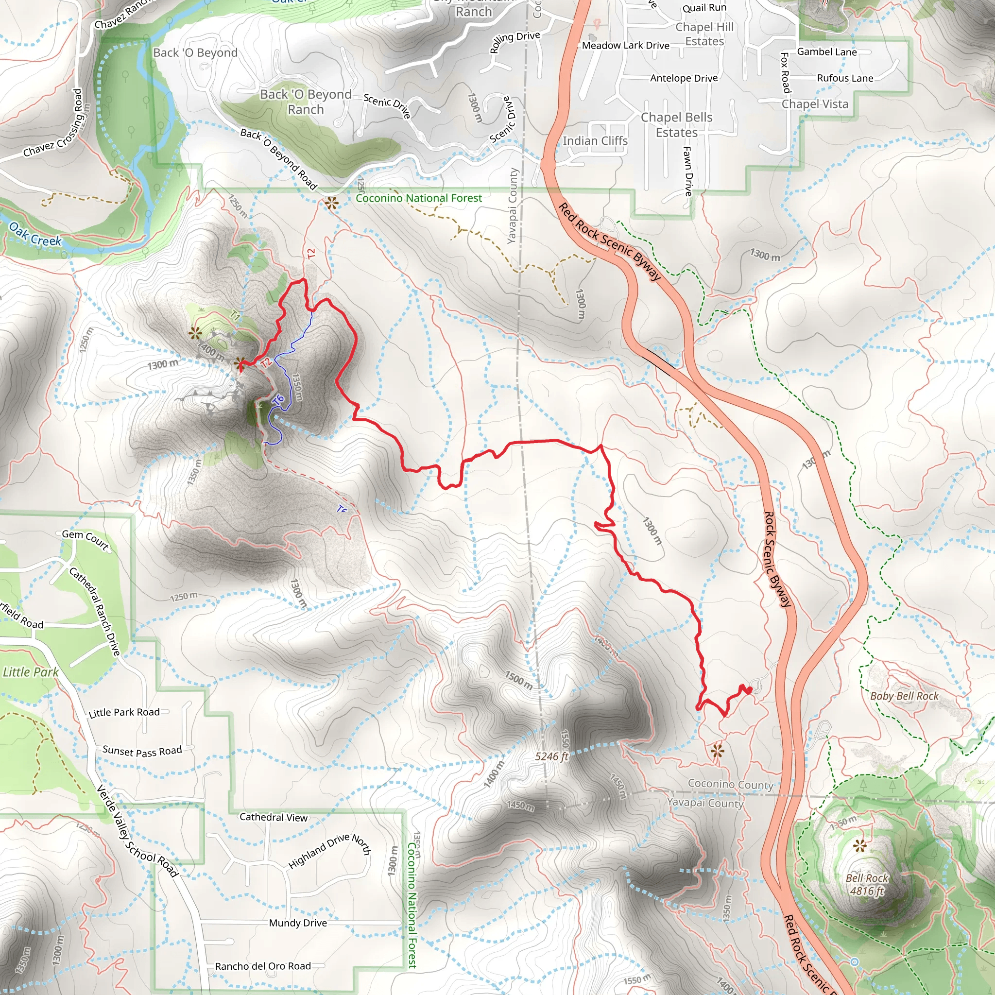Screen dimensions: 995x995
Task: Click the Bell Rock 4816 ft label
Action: pyautogui.click(x=867, y=884)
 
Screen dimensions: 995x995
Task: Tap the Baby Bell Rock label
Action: pyautogui.click(x=904, y=696)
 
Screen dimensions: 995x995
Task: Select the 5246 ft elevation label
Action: pyautogui.click(x=551, y=756)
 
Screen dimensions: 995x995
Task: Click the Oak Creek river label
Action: pyautogui.click(x=35, y=233)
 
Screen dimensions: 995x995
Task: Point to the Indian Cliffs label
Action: pyautogui.click(x=595, y=140)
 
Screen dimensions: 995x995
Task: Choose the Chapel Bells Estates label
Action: pyautogui.click(x=676, y=125)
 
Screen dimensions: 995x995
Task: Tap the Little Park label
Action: pyautogui.click(x=31, y=671)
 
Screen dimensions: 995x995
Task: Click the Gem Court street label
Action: pyautogui.click(x=86, y=539)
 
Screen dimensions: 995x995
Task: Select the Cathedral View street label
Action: pyautogui.click(x=274, y=817)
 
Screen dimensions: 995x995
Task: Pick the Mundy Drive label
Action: pyautogui.click(x=298, y=923)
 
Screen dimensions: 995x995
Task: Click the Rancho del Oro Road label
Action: pyautogui.click(x=263, y=966)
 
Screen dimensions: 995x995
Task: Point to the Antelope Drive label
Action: pyautogui.click(x=684, y=78)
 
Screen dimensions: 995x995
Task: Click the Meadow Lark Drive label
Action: pyautogui.click(x=625, y=45)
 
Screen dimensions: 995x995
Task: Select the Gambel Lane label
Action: pyautogui.click(x=826, y=52)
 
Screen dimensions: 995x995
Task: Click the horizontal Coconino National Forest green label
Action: pyautogui.click(x=419, y=198)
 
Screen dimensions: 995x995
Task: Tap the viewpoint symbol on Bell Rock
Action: pyautogui.click(x=859, y=846)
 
